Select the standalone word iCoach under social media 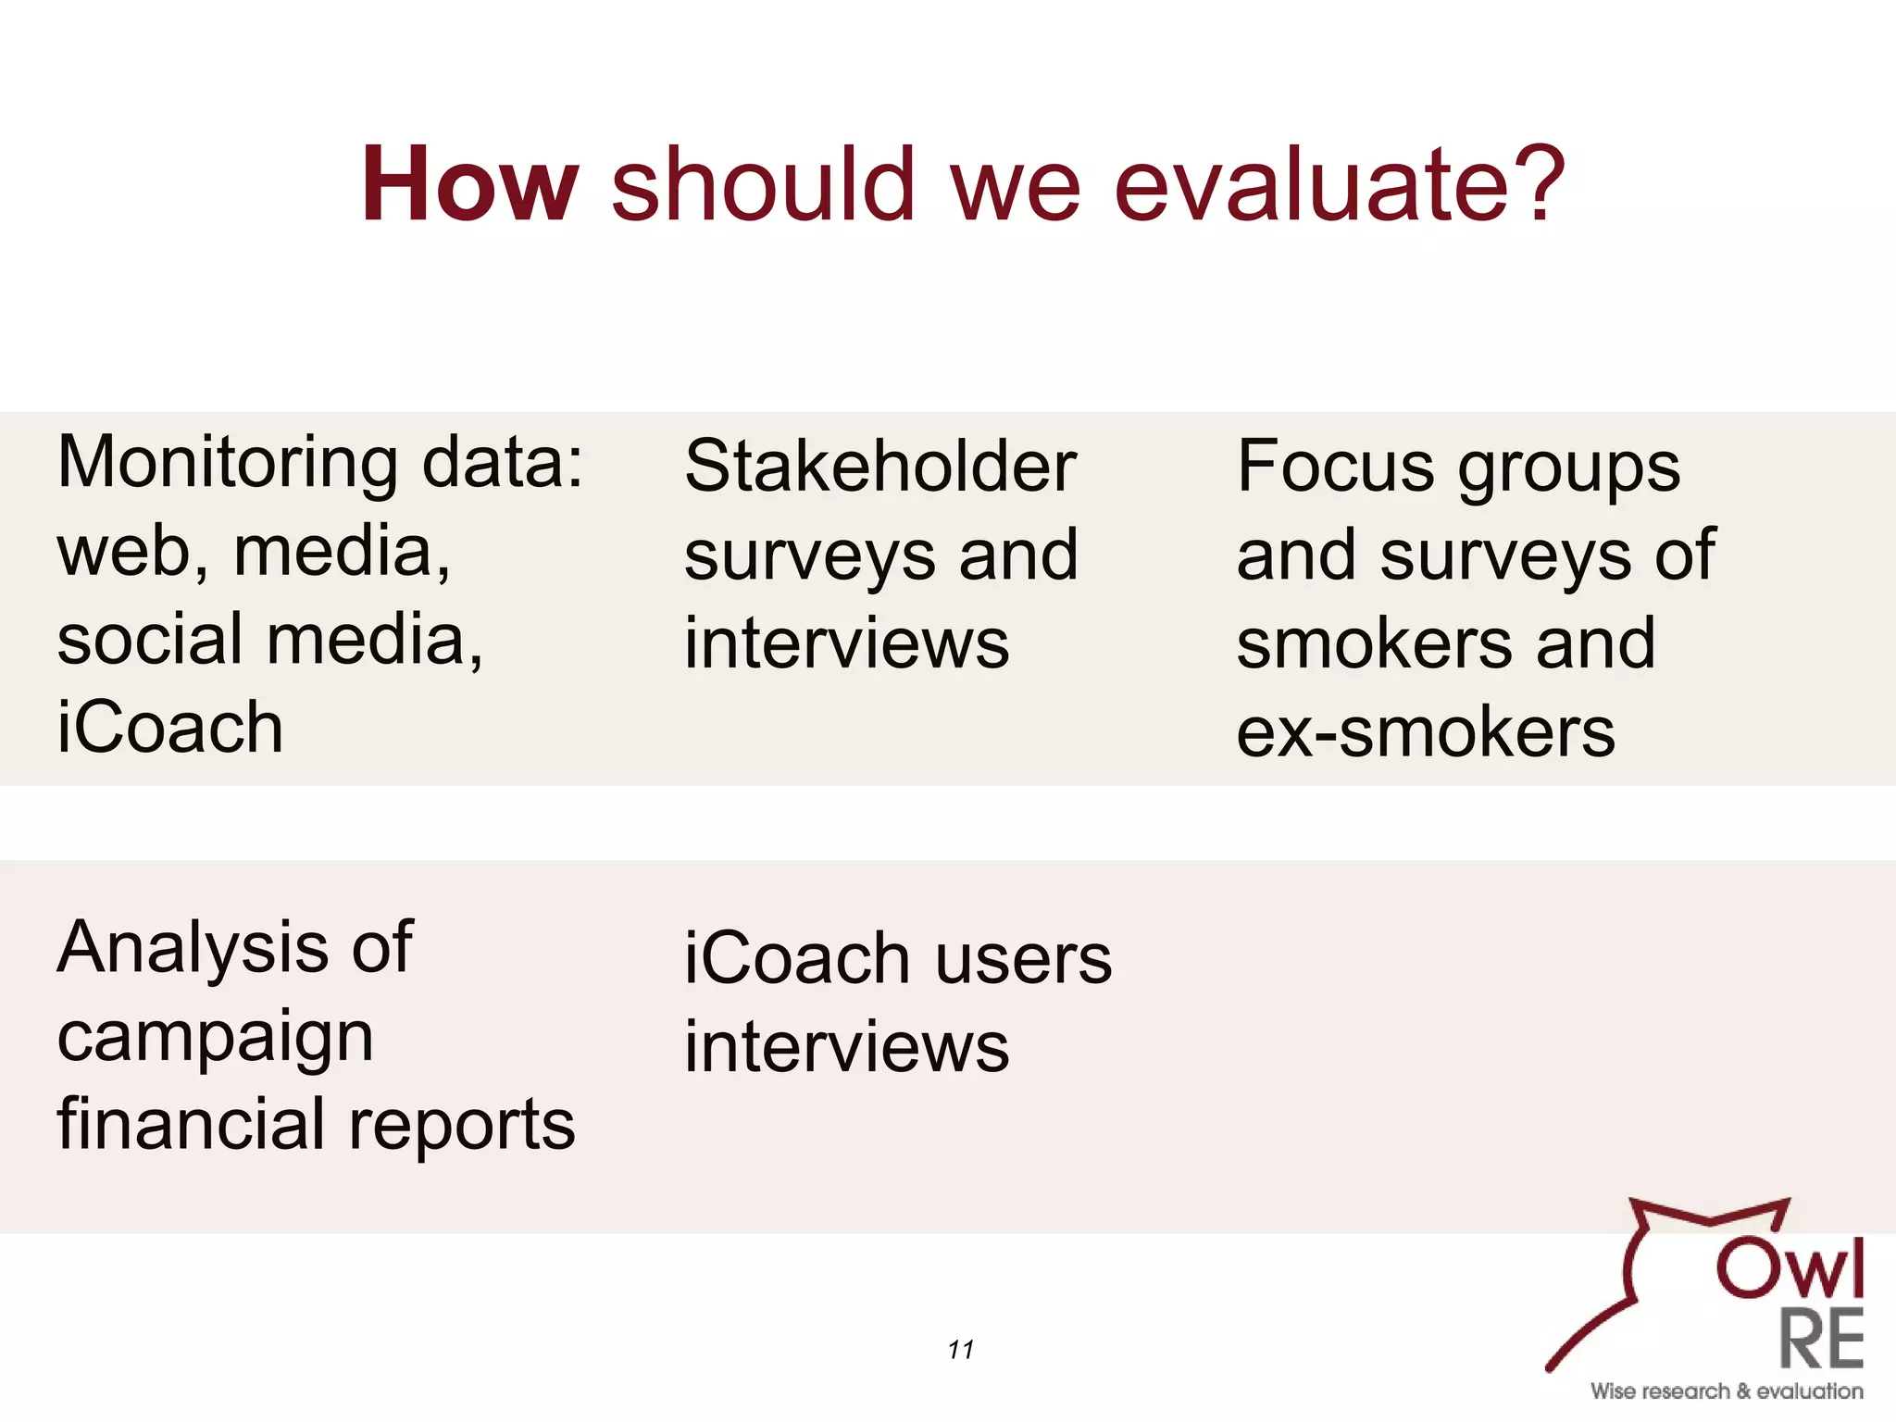[170, 728]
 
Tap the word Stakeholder [880, 467]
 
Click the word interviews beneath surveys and [846, 644]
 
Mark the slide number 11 [960, 1350]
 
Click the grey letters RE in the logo [1820, 1340]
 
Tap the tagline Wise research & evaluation [1726, 1391]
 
